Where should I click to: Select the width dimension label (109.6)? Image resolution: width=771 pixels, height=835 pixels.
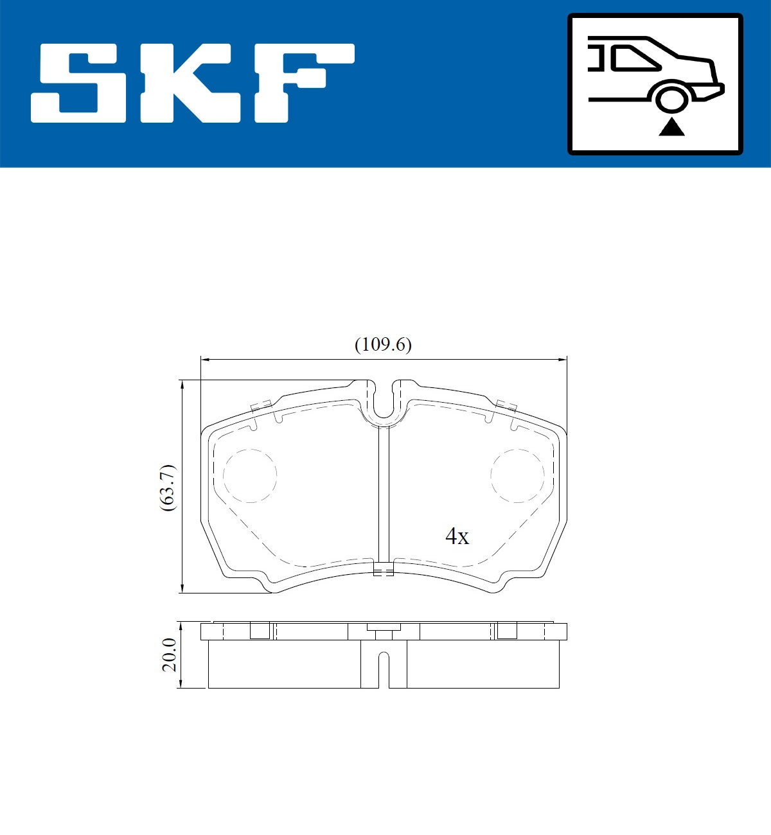383,345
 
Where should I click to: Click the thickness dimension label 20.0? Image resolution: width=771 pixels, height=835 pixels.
169,655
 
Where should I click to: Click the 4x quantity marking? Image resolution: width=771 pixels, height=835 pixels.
457,536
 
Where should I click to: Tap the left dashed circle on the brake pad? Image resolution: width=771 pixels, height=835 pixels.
250,475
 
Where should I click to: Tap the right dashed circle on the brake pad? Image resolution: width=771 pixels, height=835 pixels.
517,475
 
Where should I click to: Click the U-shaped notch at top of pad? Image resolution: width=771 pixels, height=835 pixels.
384,405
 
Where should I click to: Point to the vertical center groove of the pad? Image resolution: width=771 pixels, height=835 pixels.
384,495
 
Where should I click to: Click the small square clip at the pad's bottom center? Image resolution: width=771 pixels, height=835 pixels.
384,569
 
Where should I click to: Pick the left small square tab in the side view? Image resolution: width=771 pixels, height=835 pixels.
260,631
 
